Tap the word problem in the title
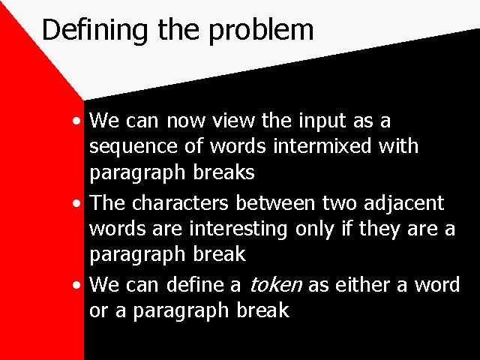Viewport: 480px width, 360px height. (x=261, y=31)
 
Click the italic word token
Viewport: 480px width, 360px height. (x=276, y=284)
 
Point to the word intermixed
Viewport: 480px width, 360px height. (x=322, y=145)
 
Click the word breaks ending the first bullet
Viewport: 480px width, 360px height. (x=223, y=172)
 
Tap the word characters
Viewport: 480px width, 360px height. (x=180, y=202)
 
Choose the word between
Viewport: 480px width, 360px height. (x=275, y=202)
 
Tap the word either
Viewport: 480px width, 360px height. (x=362, y=284)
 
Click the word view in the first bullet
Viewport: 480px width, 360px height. (x=233, y=120)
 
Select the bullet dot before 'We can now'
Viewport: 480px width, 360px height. (x=76, y=121)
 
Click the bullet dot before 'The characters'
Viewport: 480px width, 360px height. (x=76, y=203)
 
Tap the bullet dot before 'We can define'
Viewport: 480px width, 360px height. (x=76, y=285)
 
